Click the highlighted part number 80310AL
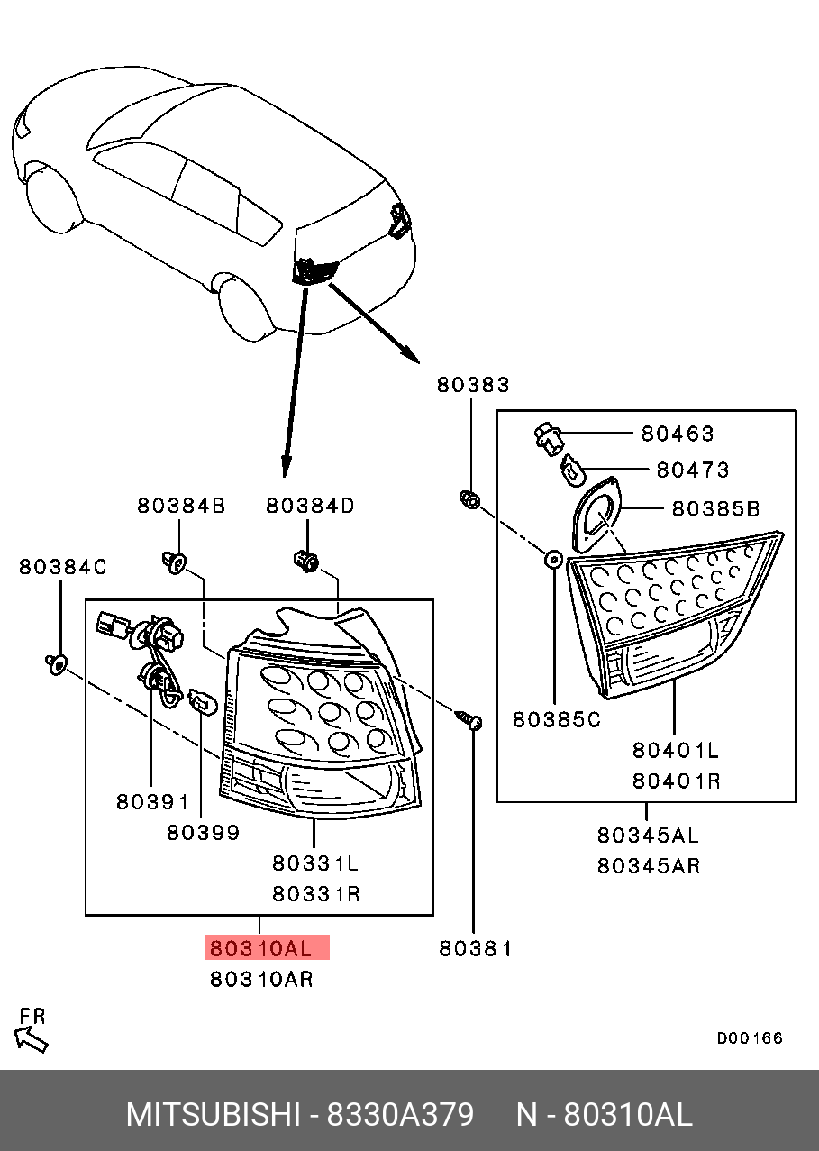point(261,948)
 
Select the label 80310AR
point(261,979)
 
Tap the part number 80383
point(473,385)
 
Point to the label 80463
point(677,434)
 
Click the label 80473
point(692,470)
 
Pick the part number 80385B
point(715,509)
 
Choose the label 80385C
point(557,719)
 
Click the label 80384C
point(63,567)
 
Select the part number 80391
point(152,801)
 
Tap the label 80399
point(204,833)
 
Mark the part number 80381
point(476,948)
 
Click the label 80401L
point(676,750)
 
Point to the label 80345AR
point(649,866)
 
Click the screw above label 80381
point(471,720)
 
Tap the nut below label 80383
point(469,498)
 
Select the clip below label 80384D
point(306,562)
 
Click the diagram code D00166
point(750,1038)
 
